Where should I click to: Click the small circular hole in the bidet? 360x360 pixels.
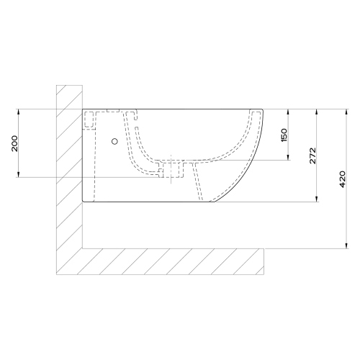[114, 142]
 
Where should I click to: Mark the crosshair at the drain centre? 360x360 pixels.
[171, 170]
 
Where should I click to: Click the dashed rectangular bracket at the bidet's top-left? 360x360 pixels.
[90, 119]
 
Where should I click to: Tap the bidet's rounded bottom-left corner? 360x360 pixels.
[85, 200]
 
